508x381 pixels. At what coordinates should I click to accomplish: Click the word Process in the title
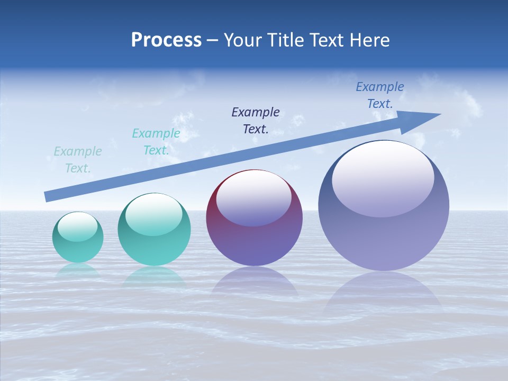coord(166,40)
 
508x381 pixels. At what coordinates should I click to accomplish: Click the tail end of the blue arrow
coord(48,197)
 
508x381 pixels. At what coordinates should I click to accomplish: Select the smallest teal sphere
coord(78,238)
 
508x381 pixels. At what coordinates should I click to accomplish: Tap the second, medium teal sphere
coord(154,230)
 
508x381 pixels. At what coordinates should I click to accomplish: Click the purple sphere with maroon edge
coord(254,218)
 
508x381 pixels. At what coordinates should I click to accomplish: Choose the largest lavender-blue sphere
coord(384,206)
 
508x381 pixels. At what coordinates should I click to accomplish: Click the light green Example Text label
coord(78,160)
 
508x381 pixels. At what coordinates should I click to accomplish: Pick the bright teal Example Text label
coord(156,142)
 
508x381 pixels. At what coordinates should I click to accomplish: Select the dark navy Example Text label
coord(256,120)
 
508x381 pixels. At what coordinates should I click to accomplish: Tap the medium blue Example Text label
coord(380,95)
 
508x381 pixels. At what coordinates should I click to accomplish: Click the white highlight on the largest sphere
coord(383,179)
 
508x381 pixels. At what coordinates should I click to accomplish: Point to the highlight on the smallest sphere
coord(77,226)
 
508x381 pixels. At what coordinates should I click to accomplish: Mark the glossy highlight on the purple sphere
coord(253,198)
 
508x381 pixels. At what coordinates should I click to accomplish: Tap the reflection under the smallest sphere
coord(78,271)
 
